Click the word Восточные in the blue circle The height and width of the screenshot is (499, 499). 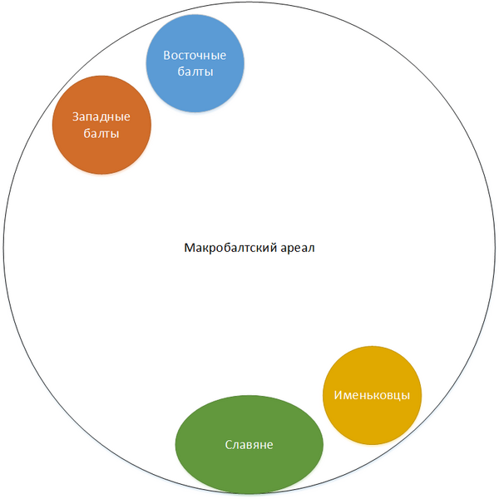pos(195,56)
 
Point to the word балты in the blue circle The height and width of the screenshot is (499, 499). pos(195,72)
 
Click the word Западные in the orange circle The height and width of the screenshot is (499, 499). pos(101,116)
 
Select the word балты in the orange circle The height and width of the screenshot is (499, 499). pos(101,133)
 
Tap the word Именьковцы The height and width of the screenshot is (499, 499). pos(372,394)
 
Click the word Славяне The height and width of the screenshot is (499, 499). pos(249,445)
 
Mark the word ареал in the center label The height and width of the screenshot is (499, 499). pos(296,248)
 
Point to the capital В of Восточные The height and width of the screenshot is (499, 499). pos(167,56)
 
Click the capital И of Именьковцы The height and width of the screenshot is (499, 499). pos(337,394)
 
